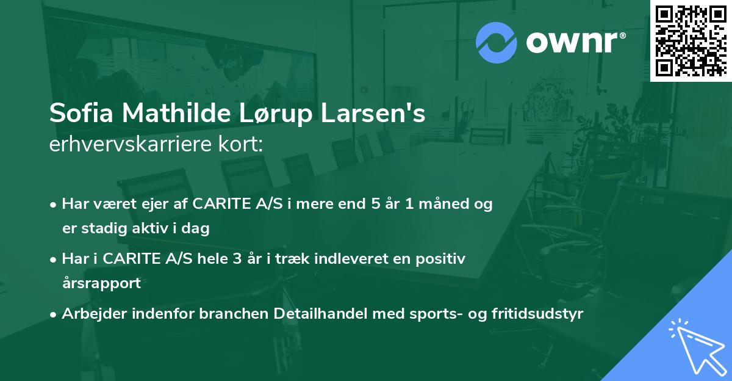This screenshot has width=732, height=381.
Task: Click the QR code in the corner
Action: pos(691,40)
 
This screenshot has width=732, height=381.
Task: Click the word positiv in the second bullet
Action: pos(443,259)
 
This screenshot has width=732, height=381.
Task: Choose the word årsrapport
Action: pos(101,283)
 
